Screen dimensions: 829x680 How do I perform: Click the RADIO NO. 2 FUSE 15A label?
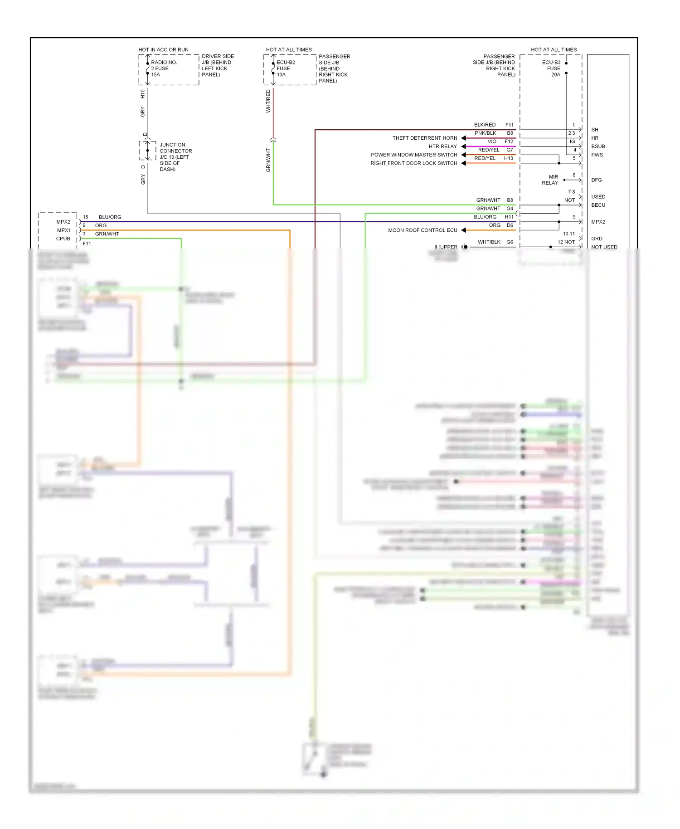(x=164, y=68)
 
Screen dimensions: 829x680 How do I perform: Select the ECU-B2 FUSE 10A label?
(x=286, y=68)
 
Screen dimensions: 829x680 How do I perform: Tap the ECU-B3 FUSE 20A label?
(x=551, y=68)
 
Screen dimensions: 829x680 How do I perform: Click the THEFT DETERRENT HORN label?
(x=425, y=138)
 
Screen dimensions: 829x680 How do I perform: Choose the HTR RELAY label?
(x=442, y=146)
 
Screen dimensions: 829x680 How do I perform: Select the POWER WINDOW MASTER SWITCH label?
(x=414, y=155)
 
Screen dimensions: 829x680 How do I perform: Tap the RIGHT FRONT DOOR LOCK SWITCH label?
(x=413, y=163)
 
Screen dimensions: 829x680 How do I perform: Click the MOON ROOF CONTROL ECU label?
(x=423, y=230)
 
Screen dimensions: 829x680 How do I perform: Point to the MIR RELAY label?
(x=550, y=180)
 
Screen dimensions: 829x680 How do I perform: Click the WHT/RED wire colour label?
(x=268, y=101)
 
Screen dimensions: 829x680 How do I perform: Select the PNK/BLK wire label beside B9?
(x=485, y=133)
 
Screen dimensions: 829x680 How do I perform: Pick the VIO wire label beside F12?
(x=492, y=141)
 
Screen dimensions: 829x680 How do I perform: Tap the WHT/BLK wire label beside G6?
(x=489, y=242)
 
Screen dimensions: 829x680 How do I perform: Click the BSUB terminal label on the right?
(x=598, y=146)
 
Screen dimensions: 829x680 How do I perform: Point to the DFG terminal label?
(x=596, y=180)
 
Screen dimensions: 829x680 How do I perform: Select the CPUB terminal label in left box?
(x=63, y=239)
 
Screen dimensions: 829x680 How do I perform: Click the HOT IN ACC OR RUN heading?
(x=163, y=49)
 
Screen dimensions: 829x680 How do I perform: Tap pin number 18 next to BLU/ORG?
(x=85, y=217)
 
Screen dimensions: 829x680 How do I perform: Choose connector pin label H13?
(x=509, y=158)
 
